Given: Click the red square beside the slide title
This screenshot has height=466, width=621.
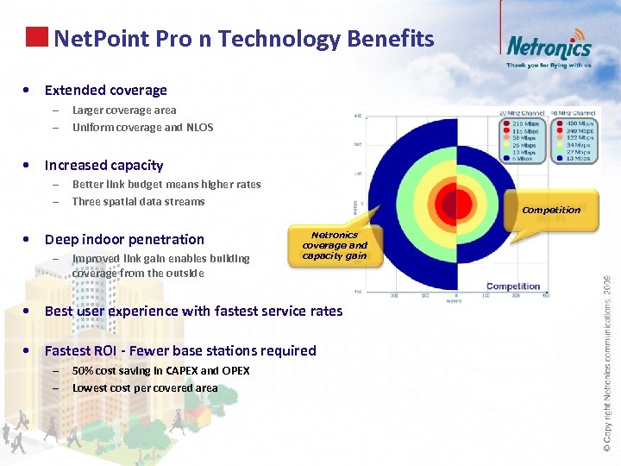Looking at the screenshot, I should pos(37,37).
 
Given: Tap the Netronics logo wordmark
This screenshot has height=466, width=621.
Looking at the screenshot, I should pos(549,47).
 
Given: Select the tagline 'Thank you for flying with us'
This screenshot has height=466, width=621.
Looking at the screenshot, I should pos(549,65).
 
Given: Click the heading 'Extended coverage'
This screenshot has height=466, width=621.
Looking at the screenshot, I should pos(105,90).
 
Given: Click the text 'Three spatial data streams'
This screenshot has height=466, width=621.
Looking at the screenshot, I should pos(138,202).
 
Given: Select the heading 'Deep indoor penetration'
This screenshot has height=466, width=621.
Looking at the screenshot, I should pos(124,239).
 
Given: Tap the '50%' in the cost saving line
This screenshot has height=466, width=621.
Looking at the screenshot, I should pos(84,371).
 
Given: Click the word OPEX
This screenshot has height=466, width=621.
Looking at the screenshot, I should pos(235,371).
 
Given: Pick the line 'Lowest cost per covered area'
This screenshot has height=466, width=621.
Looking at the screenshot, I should pos(145,388).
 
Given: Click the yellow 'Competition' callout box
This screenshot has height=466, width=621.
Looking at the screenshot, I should pos(551,210).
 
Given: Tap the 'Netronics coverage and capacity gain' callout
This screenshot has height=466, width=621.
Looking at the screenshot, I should pos(334,245).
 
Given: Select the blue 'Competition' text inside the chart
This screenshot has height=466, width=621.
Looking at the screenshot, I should pos(513,287).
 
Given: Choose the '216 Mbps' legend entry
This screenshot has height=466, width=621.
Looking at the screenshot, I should pos(524,123).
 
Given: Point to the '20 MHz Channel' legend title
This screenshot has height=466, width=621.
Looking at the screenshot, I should pos(522,113).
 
